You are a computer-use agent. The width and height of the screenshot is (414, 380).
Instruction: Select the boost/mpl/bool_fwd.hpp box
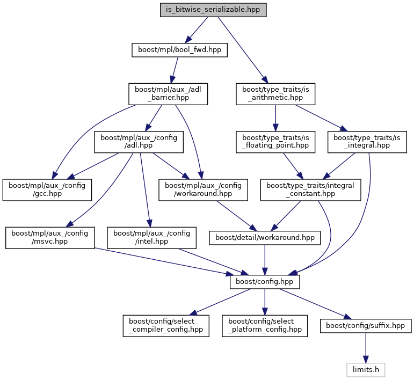pyautogui.click(x=179, y=50)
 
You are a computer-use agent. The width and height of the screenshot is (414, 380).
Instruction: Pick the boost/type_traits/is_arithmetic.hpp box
pyautogui.click(x=275, y=94)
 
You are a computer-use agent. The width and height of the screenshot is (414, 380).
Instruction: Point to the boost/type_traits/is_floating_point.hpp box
pyautogui.click(x=275, y=142)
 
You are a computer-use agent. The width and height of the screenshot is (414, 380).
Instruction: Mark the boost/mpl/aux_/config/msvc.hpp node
pyautogui.click(x=50, y=238)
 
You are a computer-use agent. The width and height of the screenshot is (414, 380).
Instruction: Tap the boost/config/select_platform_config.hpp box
pyautogui.click(x=264, y=326)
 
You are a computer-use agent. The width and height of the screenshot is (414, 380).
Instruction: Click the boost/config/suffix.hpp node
pyautogui.click(x=366, y=326)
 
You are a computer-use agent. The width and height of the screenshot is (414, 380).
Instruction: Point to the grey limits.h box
pyautogui.click(x=366, y=370)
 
